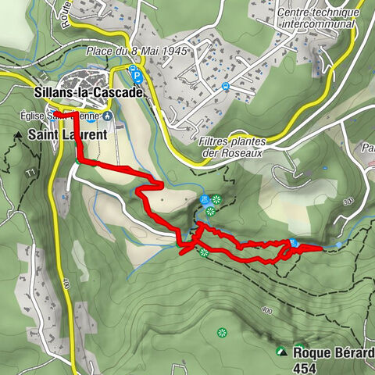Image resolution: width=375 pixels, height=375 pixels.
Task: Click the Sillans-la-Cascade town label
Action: coord(88,92)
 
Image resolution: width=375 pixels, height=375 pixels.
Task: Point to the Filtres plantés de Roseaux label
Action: coord(233,147)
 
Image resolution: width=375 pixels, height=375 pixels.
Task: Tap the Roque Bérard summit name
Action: coord(334,352)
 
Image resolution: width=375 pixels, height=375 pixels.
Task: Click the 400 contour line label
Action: coord(266,310)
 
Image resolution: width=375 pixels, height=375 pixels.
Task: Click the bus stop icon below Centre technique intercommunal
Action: coord(225,86)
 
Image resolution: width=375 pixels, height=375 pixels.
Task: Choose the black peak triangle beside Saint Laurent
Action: coord(18,135)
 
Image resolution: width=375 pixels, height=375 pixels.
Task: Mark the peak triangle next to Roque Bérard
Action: coord(281,352)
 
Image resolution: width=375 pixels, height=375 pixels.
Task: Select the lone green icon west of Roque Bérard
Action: coord(223,332)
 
